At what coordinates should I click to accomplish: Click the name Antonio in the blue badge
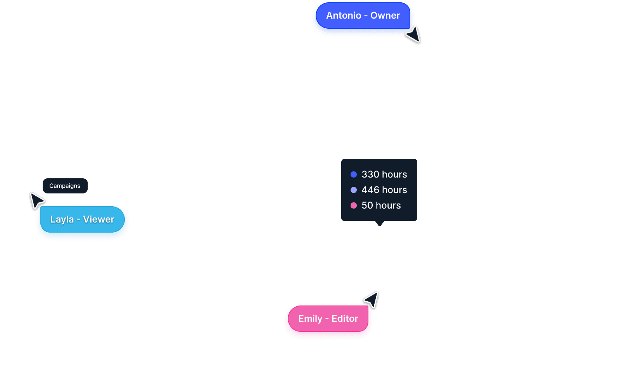click(x=343, y=16)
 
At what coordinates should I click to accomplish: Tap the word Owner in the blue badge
click(x=385, y=16)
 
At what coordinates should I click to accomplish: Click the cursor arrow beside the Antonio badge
click(x=413, y=35)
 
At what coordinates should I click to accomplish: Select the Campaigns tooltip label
click(x=65, y=186)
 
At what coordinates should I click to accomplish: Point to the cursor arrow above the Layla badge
click(x=37, y=201)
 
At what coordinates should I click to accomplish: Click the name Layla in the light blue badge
click(x=62, y=219)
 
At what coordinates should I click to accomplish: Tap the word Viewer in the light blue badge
click(x=99, y=219)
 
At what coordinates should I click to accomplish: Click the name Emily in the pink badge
click(x=310, y=319)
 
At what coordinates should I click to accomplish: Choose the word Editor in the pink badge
click(x=345, y=319)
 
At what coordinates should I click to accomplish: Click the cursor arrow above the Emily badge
click(x=372, y=300)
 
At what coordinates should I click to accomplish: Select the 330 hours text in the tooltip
click(x=384, y=174)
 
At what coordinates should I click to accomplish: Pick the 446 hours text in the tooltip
click(x=384, y=190)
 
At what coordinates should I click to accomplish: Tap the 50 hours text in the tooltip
click(x=381, y=205)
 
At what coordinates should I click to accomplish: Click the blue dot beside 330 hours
click(x=354, y=174)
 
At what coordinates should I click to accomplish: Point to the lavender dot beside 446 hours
click(x=354, y=190)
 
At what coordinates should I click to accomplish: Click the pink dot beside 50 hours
click(x=354, y=205)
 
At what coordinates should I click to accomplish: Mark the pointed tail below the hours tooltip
click(x=380, y=223)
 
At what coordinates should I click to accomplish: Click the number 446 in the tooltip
click(x=370, y=190)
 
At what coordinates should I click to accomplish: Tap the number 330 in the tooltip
click(x=370, y=174)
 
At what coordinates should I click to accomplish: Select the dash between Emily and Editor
click(x=327, y=319)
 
